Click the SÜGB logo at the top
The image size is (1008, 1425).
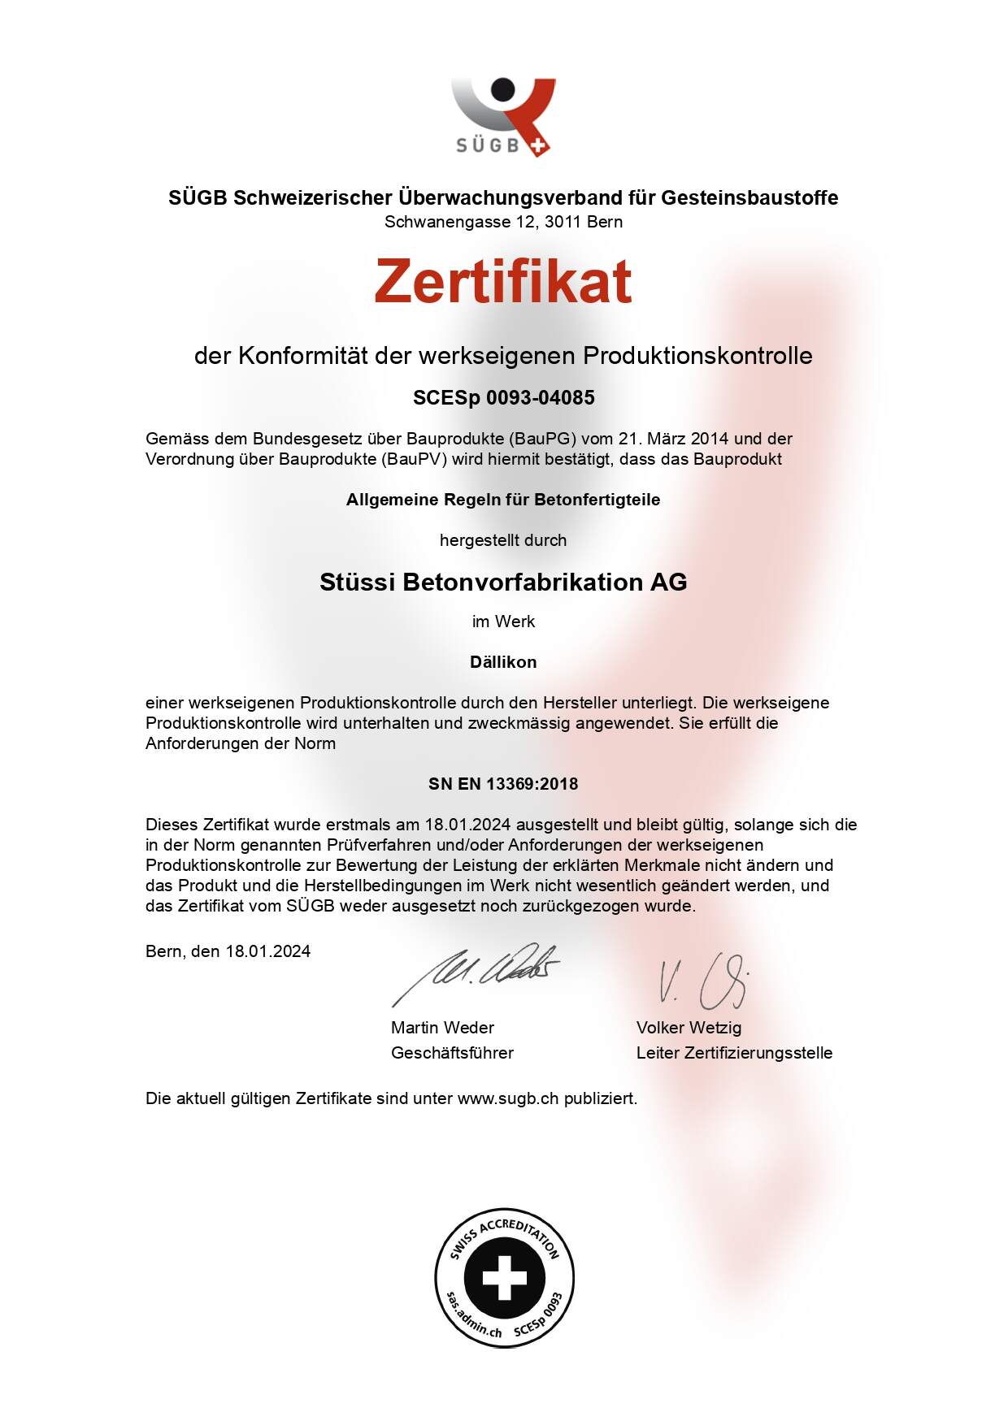(x=502, y=116)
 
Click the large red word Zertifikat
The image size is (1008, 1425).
(x=503, y=281)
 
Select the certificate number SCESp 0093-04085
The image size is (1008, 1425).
(x=503, y=398)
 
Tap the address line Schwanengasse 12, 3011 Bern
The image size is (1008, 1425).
(x=503, y=222)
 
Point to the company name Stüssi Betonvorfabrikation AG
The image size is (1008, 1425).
(x=503, y=582)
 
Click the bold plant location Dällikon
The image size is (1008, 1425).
(x=503, y=662)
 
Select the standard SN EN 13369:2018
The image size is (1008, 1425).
(x=503, y=784)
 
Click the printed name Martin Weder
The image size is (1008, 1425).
(x=442, y=1028)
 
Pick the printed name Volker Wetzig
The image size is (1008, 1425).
(x=689, y=1028)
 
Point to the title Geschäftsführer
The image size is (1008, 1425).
(x=452, y=1053)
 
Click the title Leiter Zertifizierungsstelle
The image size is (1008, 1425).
(x=734, y=1053)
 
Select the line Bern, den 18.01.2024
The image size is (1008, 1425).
(x=228, y=951)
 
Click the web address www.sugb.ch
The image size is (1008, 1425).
(x=508, y=1098)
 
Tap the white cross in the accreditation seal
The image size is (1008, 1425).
(x=504, y=1278)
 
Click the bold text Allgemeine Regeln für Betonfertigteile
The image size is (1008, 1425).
(x=503, y=500)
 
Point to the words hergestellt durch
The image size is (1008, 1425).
(x=503, y=540)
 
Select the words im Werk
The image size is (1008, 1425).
(x=503, y=622)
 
